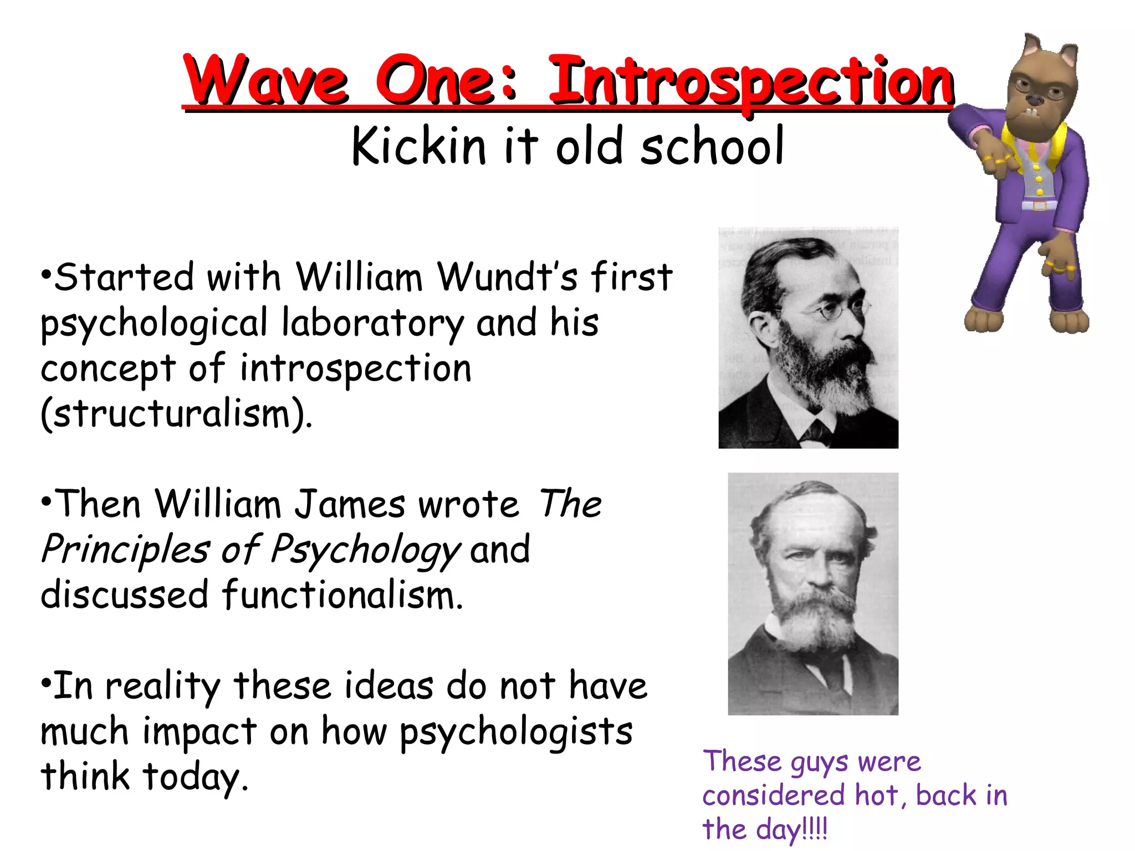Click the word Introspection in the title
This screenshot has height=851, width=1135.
click(750, 82)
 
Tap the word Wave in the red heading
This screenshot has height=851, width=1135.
click(266, 80)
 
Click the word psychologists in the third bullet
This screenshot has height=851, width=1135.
click(515, 731)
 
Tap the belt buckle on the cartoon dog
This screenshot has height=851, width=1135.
click(1039, 205)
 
